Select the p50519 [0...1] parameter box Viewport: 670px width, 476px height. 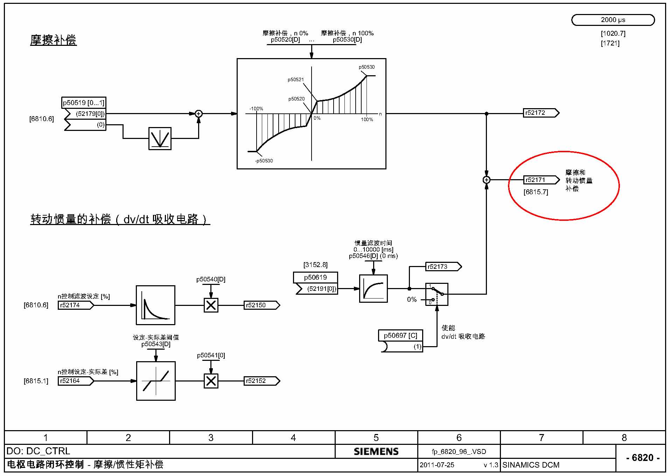(x=84, y=103)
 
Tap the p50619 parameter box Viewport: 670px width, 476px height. (x=315, y=278)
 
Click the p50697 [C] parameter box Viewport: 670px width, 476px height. (x=400, y=336)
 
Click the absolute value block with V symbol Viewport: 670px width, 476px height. (x=160, y=139)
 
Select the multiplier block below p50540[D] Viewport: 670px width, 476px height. (x=211, y=305)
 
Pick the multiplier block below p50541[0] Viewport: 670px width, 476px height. (x=211, y=381)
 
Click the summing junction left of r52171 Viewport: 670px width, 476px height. (x=486, y=180)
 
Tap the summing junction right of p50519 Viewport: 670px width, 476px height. (x=198, y=114)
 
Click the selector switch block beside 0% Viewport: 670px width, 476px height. (x=437, y=294)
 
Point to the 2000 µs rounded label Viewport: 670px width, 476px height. (x=613, y=20)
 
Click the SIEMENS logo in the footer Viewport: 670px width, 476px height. (x=376, y=451)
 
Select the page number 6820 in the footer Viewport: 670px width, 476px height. (x=643, y=458)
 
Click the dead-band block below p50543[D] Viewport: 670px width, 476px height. (x=156, y=381)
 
